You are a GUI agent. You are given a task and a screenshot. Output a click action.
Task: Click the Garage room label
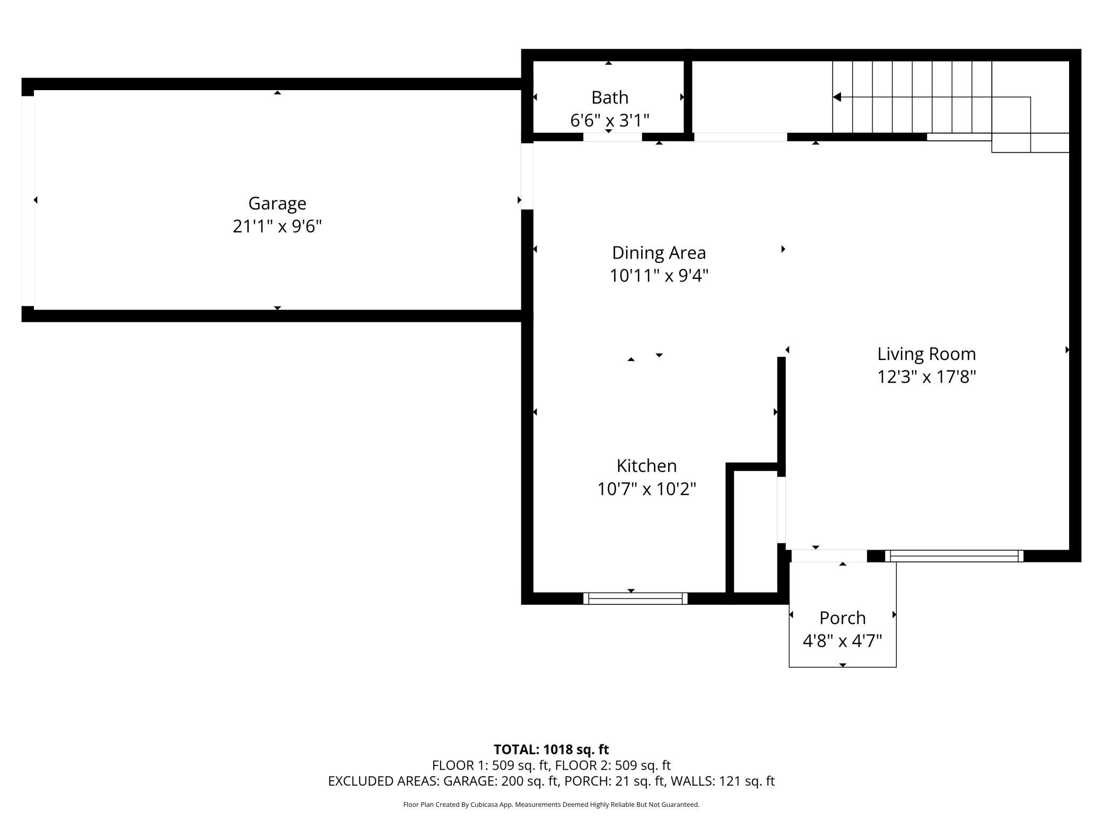pos(277,204)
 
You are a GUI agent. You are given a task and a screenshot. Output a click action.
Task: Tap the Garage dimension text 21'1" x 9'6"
pos(277,226)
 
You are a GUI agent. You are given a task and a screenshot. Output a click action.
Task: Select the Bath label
pos(610,98)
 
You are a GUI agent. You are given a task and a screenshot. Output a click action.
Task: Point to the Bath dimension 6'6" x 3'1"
pos(610,121)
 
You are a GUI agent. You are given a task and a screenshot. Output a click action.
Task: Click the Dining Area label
pos(659,253)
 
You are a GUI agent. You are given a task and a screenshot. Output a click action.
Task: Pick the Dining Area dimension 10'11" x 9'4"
pos(659,276)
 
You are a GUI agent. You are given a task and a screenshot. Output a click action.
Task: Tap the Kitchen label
pos(646,466)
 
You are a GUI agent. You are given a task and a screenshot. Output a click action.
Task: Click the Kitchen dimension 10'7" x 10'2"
pos(646,489)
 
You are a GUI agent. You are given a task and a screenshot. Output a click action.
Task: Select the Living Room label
pos(926,354)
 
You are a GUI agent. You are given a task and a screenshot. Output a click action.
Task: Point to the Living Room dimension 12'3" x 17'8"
pos(926,377)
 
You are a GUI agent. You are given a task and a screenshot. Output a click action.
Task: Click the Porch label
pos(842,618)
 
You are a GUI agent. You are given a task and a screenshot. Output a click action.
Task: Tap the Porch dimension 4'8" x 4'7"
pos(842,641)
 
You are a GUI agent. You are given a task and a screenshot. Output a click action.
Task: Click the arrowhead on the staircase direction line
pos(837,97)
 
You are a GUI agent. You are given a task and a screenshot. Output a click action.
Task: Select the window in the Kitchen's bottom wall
pos(635,599)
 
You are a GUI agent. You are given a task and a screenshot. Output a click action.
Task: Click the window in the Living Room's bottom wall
pos(954,556)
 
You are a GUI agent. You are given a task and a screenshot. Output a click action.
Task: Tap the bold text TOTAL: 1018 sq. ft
pos(551,750)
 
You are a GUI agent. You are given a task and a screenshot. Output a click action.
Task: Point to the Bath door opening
pos(612,137)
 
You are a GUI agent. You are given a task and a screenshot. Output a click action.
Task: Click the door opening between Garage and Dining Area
pos(527,177)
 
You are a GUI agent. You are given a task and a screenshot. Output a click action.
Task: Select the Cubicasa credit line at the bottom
pos(551,805)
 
